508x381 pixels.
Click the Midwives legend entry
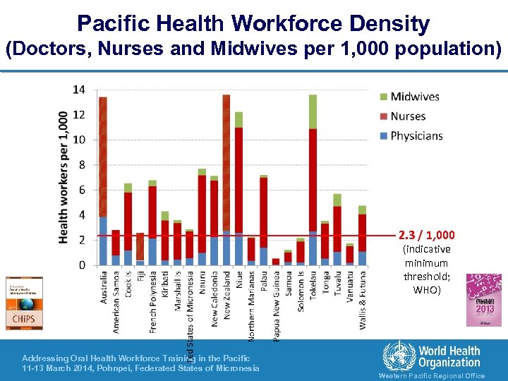pyautogui.click(x=415, y=97)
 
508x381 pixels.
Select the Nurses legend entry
pyautogui.click(x=408, y=116)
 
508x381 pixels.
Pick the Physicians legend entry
pyautogui.click(x=416, y=135)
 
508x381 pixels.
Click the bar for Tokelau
pyautogui.click(x=313, y=180)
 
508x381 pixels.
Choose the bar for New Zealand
pyautogui.click(x=226, y=180)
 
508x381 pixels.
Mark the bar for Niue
pyautogui.click(x=238, y=188)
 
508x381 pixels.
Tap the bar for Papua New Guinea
pyautogui.click(x=275, y=261)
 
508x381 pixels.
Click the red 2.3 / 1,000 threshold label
pyautogui.click(x=426, y=235)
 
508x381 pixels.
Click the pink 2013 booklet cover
pyautogui.click(x=483, y=300)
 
